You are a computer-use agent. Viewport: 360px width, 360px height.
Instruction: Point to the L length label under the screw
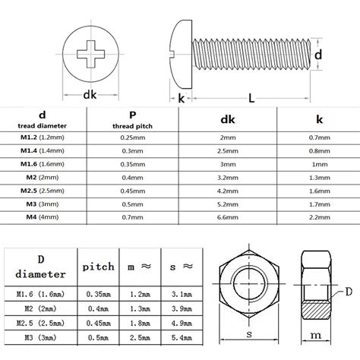(x=250, y=98)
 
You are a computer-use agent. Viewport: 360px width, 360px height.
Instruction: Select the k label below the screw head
(x=182, y=98)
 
